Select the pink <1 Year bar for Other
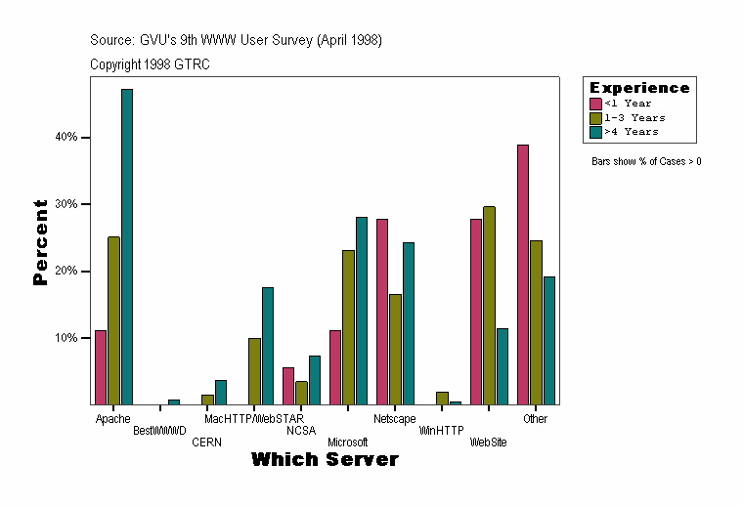(523, 274)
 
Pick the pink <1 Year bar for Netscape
(382, 312)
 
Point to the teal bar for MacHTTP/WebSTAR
(268, 346)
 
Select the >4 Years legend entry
(631, 131)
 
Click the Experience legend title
(639, 88)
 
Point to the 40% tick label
(66, 138)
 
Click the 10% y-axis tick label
(66, 338)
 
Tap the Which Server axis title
(325, 459)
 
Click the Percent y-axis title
(40, 242)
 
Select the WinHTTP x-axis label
(442, 430)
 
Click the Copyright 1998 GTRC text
(150, 64)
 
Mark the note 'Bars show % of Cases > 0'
(646, 161)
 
